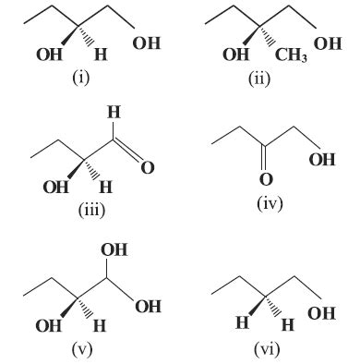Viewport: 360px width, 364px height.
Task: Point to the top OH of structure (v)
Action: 114,249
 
